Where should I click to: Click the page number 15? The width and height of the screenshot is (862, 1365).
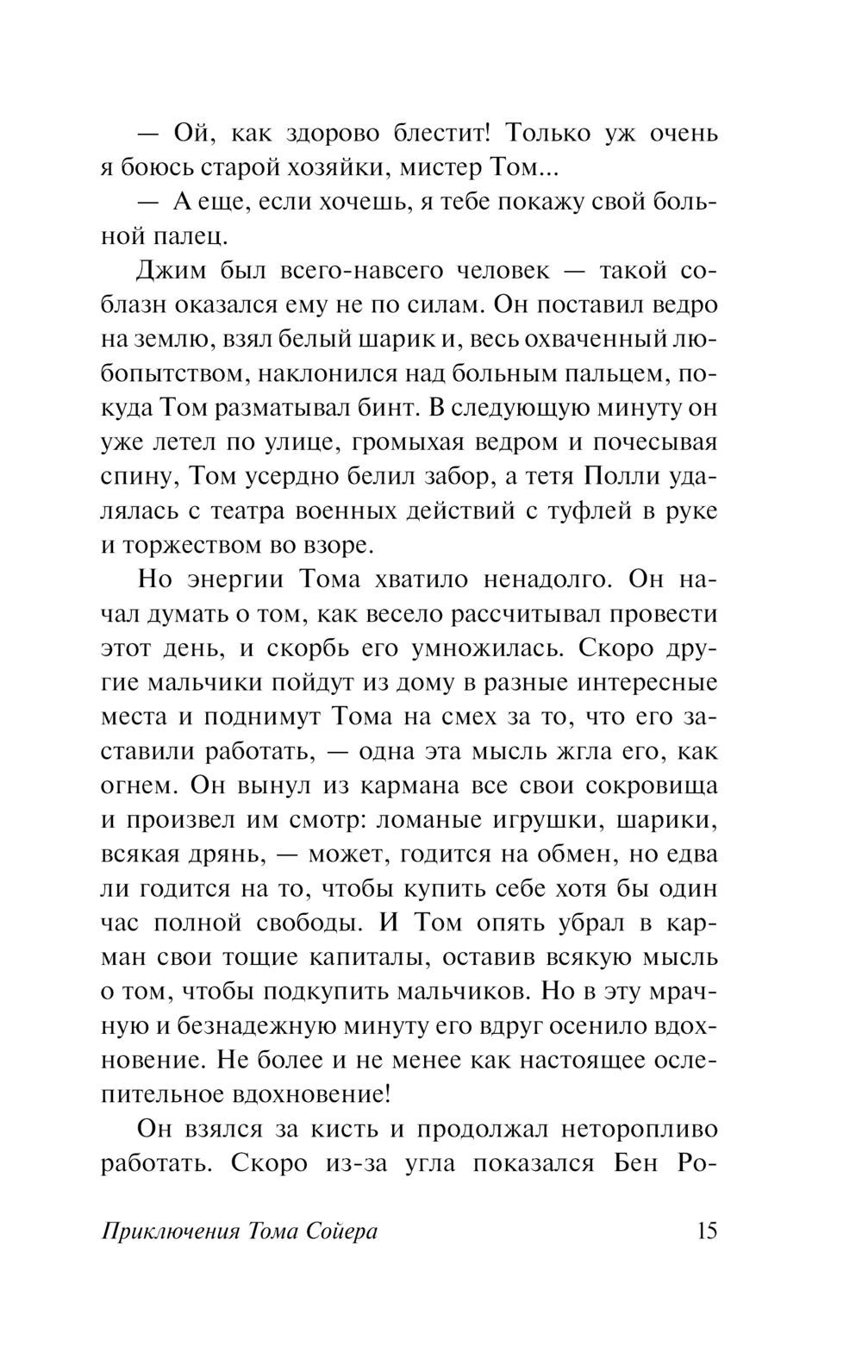(703, 1230)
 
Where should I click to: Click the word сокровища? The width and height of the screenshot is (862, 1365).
(652, 786)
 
